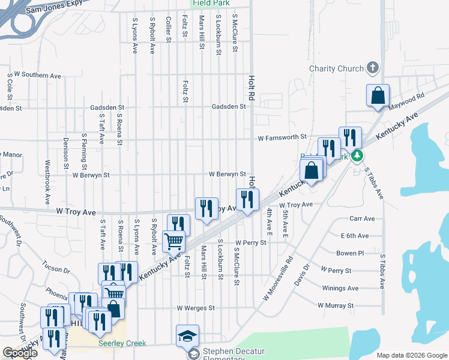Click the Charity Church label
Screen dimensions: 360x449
[336, 68]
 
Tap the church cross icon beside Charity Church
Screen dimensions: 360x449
[372, 68]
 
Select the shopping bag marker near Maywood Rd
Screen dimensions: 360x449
[378, 95]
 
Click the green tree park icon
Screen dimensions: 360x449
[357, 156]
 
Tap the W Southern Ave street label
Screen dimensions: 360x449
[37, 76]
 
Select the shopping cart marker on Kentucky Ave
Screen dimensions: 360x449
[174, 242]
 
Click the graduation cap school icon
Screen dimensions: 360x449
[187, 335]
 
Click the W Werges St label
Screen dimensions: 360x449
[196, 308]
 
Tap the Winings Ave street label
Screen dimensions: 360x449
[340, 289]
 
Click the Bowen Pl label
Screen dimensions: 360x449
[350, 253]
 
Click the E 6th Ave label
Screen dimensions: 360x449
[354, 236]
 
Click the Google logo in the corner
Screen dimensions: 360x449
[20, 353]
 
